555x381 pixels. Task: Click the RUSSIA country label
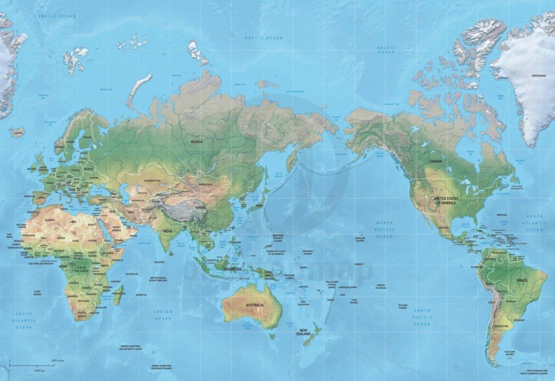click(197, 141)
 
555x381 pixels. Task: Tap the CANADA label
click(436, 161)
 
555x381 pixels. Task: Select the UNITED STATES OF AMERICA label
click(445, 200)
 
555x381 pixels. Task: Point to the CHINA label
click(201, 208)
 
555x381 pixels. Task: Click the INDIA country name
click(167, 231)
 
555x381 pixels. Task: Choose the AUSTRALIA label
click(255, 305)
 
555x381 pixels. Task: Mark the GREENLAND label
click(538, 75)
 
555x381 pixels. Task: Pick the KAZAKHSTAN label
click(152, 180)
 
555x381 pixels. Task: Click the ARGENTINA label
click(501, 326)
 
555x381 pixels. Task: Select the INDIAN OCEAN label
click(163, 315)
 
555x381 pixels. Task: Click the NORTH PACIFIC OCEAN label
click(385, 229)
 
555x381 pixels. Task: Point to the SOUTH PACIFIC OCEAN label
click(422, 316)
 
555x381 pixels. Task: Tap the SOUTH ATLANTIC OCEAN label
click(23, 319)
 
